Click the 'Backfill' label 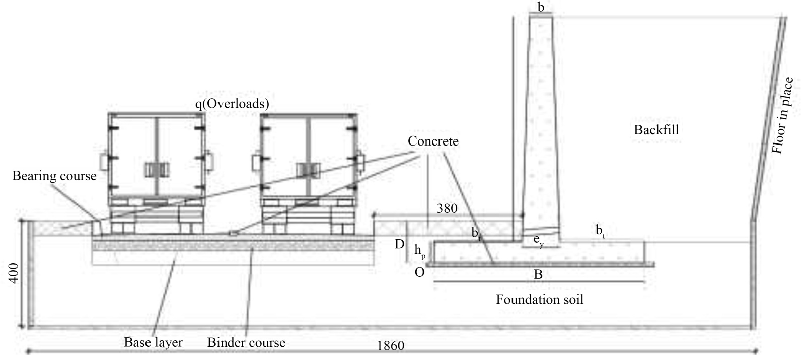tap(656, 130)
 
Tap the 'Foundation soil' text tap(540, 300)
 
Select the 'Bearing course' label tap(54, 176)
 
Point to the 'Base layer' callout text tap(153, 342)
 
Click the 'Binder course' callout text tap(246, 342)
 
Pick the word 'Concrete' tap(433, 141)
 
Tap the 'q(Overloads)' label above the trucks tap(232, 104)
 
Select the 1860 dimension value tap(391, 346)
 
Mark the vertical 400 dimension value tap(14, 273)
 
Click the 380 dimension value tap(447, 208)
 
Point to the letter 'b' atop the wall tap(541, 7)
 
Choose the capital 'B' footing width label tap(538, 275)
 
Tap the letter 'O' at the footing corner tap(419, 273)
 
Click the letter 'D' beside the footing tap(400, 244)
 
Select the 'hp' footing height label tap(420, 251)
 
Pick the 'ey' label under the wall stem tap(538, 241)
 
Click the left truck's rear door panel tap(157, 157)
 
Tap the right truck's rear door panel tap(309, 157)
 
